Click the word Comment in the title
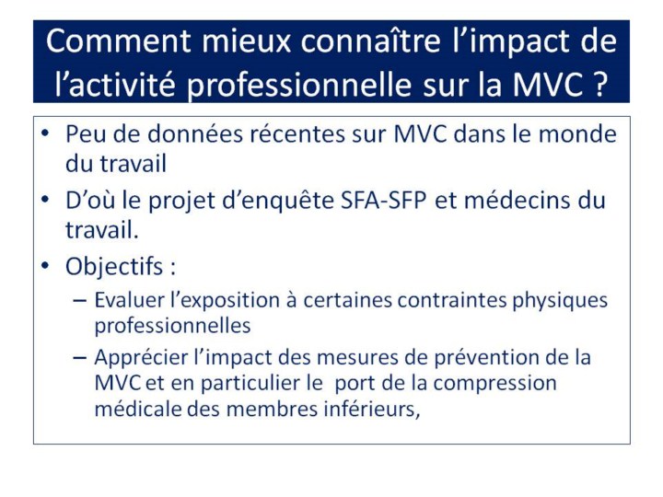[x=119, y=41]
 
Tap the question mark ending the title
[x=599, y=84]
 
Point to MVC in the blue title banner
[x=548, y=84]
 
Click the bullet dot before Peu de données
[x=45, y=133]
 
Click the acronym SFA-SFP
[x=383, y=200]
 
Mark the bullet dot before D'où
[x=45, y=199]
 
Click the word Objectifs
[x=114, y=267]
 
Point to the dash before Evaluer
[x=79, y=300]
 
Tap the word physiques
[x=560, y=301]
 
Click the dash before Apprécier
[x=79, y=357]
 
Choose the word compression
[x=494, y=384]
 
